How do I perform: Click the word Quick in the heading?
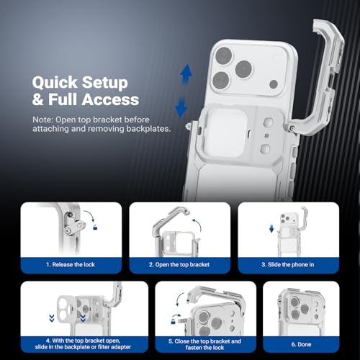55,83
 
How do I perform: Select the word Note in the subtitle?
42,120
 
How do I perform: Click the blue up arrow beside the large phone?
186,74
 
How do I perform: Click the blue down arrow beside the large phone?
181,107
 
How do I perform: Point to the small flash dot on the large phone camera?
274,84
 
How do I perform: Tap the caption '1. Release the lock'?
71,264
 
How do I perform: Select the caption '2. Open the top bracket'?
179,264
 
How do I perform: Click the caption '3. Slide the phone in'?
288,264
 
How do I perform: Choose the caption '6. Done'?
301,344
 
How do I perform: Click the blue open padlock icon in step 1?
95,227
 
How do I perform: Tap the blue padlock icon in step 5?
173,321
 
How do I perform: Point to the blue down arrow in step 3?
271,229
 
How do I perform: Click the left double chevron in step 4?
52,318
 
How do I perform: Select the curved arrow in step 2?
198,225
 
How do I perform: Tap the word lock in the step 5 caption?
218,348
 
